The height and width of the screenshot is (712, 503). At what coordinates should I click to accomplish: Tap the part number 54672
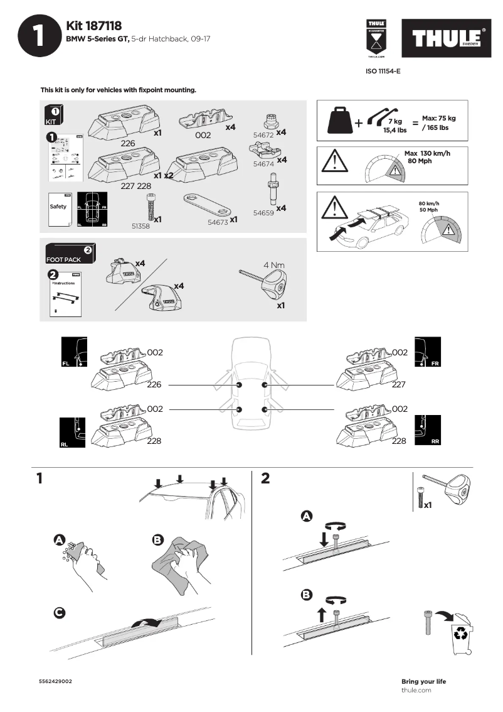click(x=263, y=134)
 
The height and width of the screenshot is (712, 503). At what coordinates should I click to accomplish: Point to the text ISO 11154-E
click(x=383, y=72)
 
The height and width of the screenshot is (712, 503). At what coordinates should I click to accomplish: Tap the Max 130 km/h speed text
click(x=427, y=153)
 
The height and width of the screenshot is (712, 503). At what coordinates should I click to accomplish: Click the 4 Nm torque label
click(x=274, y=265)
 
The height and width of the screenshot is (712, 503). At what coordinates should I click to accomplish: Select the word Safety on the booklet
click(x=58, y=207)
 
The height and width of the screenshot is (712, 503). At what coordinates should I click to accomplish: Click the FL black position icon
click(x=74, y=352)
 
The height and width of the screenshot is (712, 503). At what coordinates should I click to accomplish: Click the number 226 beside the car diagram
click(x=154, y=385)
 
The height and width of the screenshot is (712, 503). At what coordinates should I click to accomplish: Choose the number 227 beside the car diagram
click(x=399, y=385)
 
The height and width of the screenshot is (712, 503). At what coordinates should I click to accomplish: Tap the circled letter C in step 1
click(x=59, y=613)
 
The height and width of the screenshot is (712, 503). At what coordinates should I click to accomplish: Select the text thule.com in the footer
click(x=416, y=690)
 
